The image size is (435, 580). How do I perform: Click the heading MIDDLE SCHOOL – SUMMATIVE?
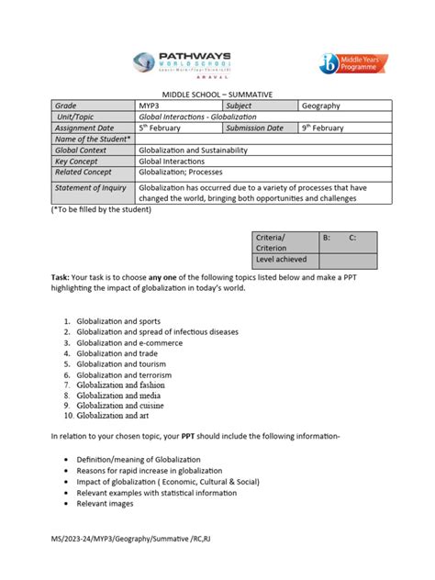[x=217, y=95]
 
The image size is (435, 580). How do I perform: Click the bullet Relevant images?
[x=105, y=503]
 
